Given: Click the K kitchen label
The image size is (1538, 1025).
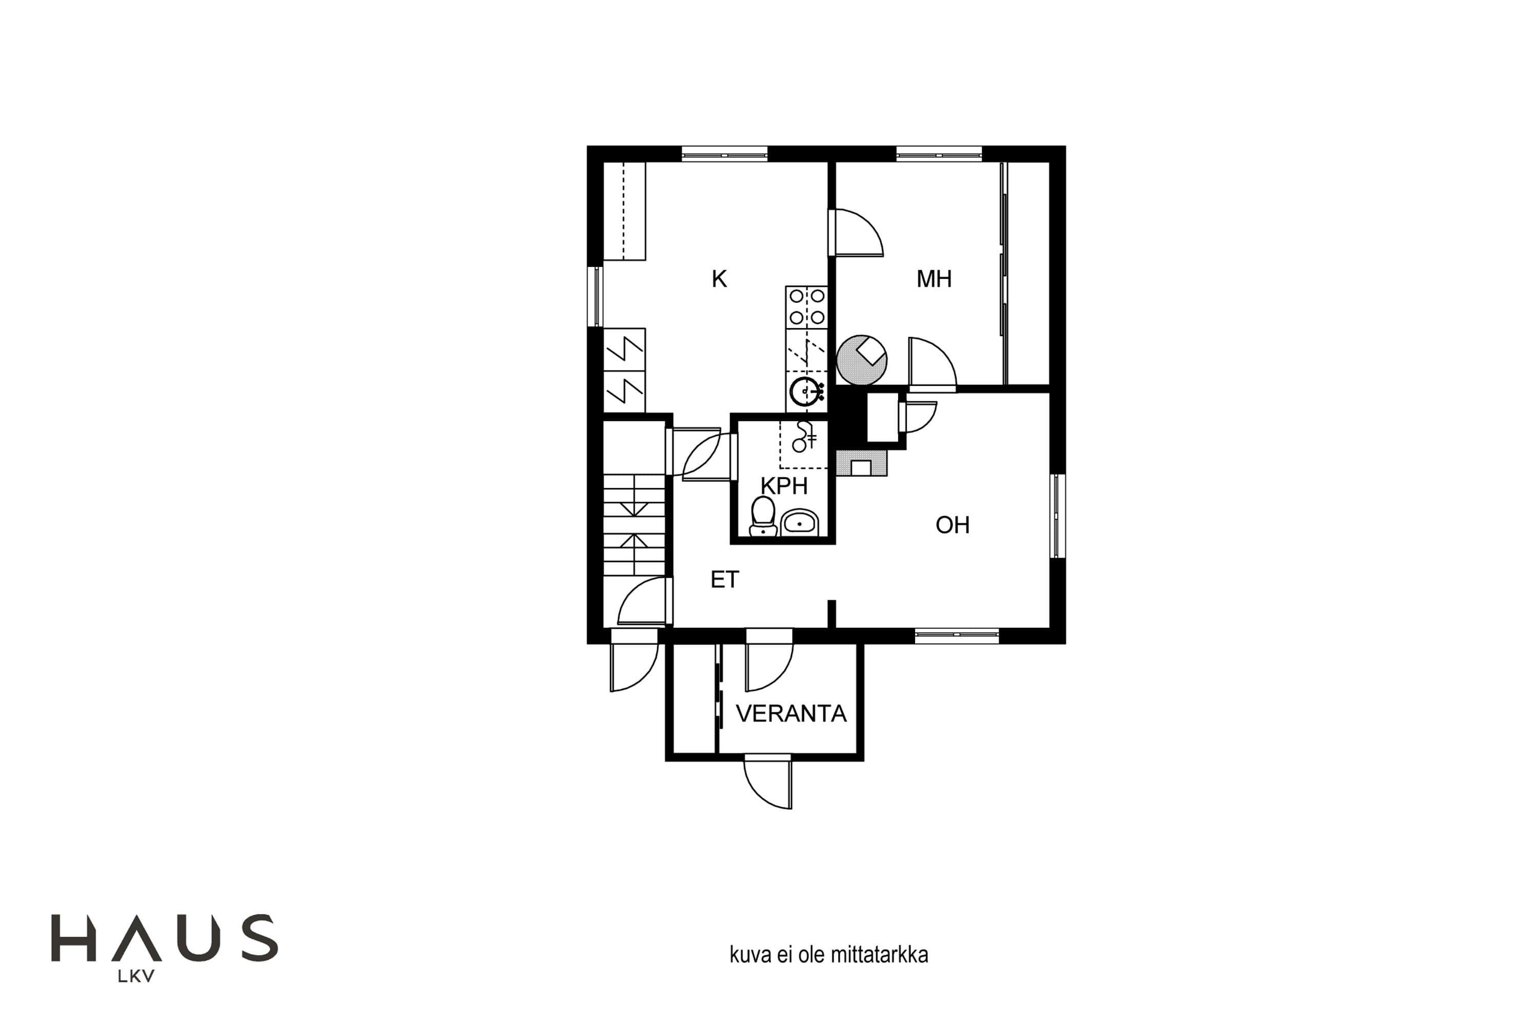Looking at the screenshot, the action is pos(719,279).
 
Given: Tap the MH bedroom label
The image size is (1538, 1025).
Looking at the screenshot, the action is pos(933,279).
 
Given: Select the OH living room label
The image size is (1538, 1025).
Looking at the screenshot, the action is pos(952,525).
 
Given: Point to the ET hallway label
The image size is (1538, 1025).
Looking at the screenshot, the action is pos(724,580).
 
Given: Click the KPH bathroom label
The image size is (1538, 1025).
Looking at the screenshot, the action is pos(784,486).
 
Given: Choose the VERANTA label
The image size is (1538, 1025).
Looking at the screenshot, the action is pos(791,714).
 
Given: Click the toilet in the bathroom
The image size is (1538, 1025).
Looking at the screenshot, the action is pos(762,517).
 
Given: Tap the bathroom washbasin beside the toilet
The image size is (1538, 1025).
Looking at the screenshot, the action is pos(800,522).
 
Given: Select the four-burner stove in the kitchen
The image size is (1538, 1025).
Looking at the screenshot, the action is pos(806,307).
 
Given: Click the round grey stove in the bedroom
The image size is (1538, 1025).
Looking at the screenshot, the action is pos(862,360).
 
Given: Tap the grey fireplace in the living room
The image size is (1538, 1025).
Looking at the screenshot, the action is pos(862,463).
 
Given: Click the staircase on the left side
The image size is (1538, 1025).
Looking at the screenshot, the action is pos(634,525).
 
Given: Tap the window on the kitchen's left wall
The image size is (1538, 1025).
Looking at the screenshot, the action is pos(595,296).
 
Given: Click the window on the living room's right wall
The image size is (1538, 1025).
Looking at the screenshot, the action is pos(1057,517).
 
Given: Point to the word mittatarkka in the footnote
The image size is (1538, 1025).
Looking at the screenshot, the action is pos(879,955).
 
